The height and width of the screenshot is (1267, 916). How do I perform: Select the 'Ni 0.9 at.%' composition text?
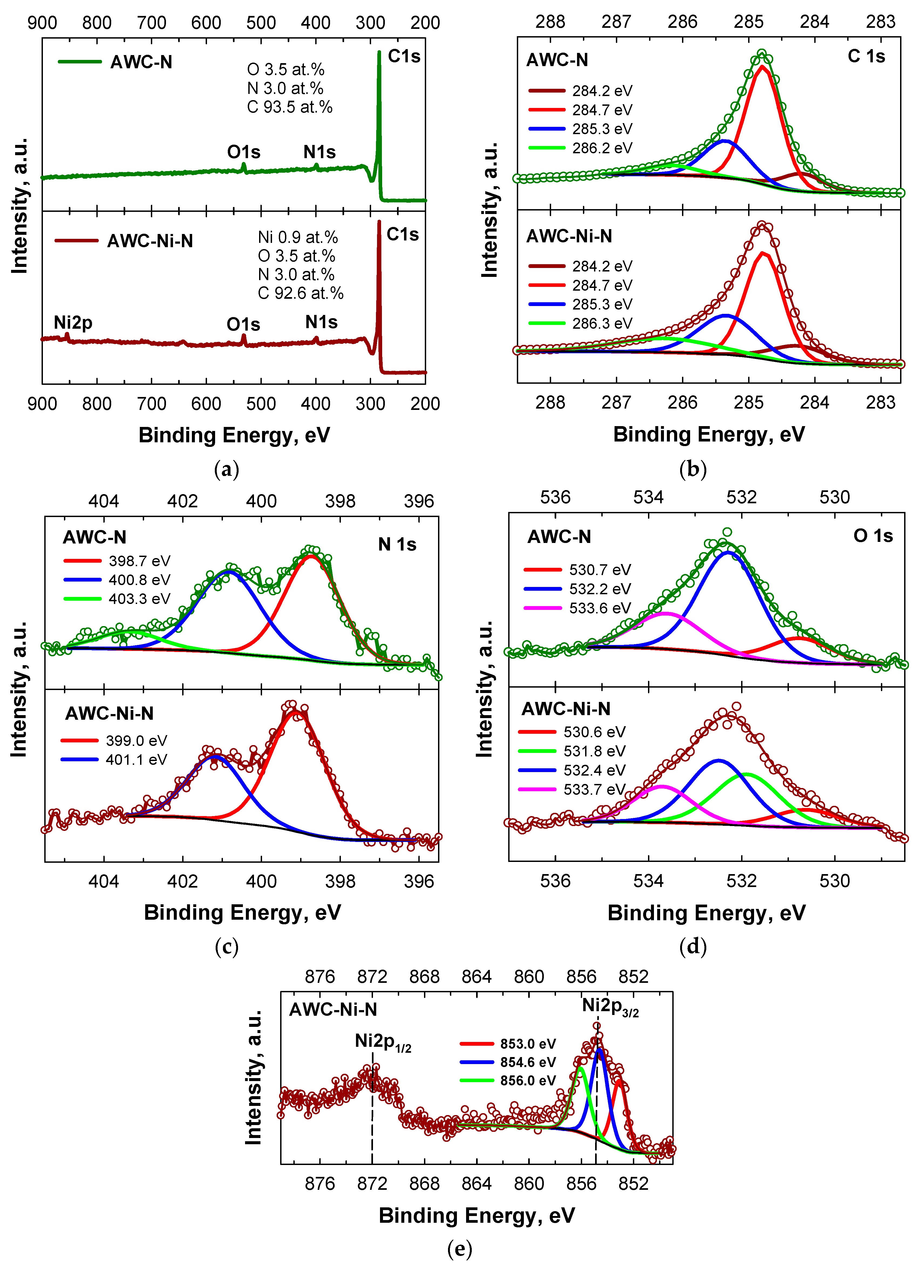[x=298, y=237]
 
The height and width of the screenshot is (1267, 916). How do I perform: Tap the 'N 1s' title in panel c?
[x=397, y=545]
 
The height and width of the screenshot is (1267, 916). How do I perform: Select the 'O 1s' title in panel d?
[x=873, y=536]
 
